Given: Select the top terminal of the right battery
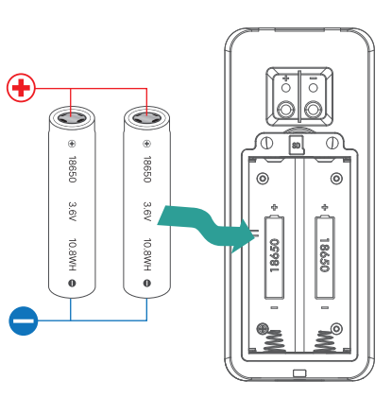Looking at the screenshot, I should [146, 117].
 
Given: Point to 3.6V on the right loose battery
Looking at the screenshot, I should [146, 210].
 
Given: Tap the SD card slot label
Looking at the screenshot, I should [296, 146].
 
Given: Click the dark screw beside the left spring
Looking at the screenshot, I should [259, 330].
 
